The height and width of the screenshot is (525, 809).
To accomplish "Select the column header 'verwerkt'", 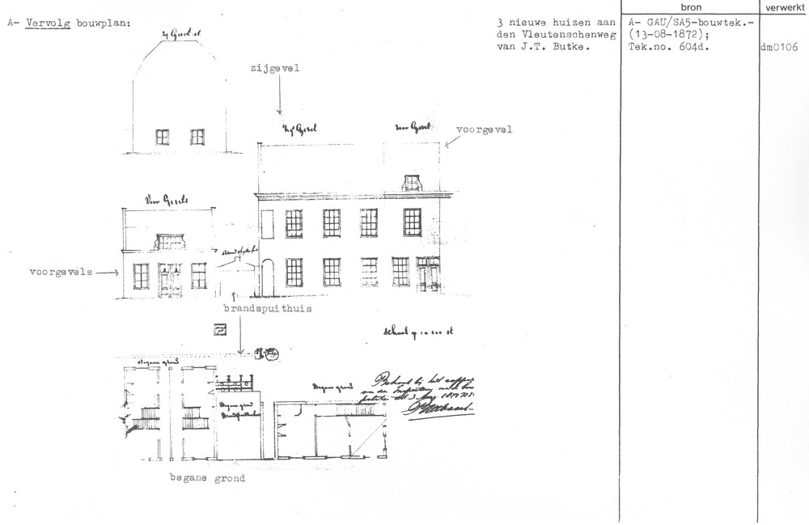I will point(783,6).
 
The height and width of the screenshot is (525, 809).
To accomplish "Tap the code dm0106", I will point(779,47).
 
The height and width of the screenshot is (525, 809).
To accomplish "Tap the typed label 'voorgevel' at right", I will point(485,129).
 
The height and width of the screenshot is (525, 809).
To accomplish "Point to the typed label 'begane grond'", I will point(207,478).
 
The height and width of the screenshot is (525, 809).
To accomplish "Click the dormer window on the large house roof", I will point(412,181).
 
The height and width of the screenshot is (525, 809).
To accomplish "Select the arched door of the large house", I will point(268,277).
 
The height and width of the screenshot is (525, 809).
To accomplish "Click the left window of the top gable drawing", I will point(163,137).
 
